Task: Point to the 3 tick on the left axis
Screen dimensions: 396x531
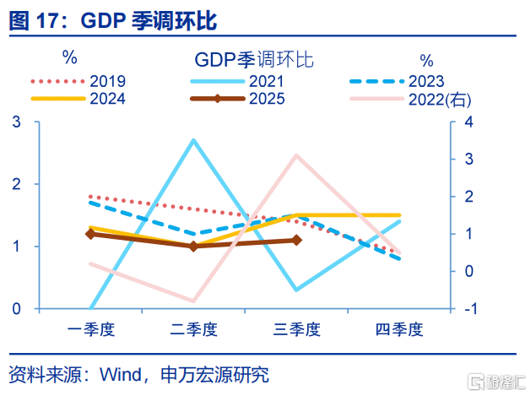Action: pyautogui.click(x=16, y=122)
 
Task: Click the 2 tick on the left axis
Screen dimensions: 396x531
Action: pyautogui.click(x=16, y=185)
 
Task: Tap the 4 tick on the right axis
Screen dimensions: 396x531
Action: pyautogui.click(x=469, y=122)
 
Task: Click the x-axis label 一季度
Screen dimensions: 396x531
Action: pyautogui.click(x=91, y=328)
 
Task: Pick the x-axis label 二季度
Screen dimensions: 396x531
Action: pyautogui.click(x=194, y=328)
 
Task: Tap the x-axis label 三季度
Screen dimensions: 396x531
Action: pyautogui.click(x=297, y=328)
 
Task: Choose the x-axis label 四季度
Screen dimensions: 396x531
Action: pyautogui.click(x=399, y=328)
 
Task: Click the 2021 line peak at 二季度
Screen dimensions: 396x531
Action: pyautogui.click(x=193, y=140)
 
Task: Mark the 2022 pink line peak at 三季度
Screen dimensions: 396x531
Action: pyautogui.click(x=297, y=155)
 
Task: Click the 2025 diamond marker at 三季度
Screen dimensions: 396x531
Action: pyautogui.click(x=297, y=241)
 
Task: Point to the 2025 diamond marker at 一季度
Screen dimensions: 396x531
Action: pyautogui.click(x=90, y=234)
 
